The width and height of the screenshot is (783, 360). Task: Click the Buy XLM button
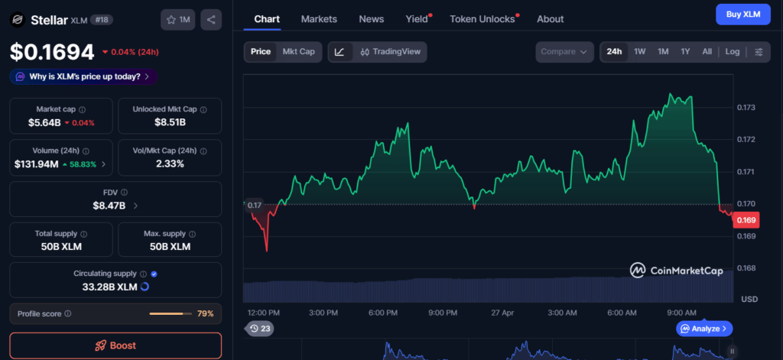click(x=743, y=15)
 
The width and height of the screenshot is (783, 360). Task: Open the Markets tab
click(x=319, y=19)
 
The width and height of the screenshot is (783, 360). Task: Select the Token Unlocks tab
click(x=482, y=19)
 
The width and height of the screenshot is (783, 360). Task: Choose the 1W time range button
click(x=640, y=52)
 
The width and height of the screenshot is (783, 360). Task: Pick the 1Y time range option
click(x=685, y=52)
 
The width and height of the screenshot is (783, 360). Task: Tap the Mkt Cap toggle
click(x=299, y=52)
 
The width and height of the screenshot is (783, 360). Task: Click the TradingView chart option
click(x=391, y=52)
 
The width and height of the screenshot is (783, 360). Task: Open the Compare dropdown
click(x=564, y=52)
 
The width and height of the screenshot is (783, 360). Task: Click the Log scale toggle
click(x=733, y=52)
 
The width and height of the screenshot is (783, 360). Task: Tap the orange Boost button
click(x=115, y=345)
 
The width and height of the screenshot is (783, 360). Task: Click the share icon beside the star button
click(x=211, y=20)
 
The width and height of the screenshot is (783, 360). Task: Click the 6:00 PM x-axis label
click(x=383, y=313)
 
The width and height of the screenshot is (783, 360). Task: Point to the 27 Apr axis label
click(x=502, y=313)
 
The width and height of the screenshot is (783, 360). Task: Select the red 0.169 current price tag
click(x=746, y=220)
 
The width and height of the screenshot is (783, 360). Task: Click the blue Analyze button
click(x=704, y=329)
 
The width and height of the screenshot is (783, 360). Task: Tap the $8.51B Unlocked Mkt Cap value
click(x=170, y=122)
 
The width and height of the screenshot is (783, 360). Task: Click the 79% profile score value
click(x=205, y=313)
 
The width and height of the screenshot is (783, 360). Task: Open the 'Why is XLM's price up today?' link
click(x=83, y=77)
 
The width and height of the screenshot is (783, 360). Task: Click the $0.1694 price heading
click(x=53, y=53)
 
